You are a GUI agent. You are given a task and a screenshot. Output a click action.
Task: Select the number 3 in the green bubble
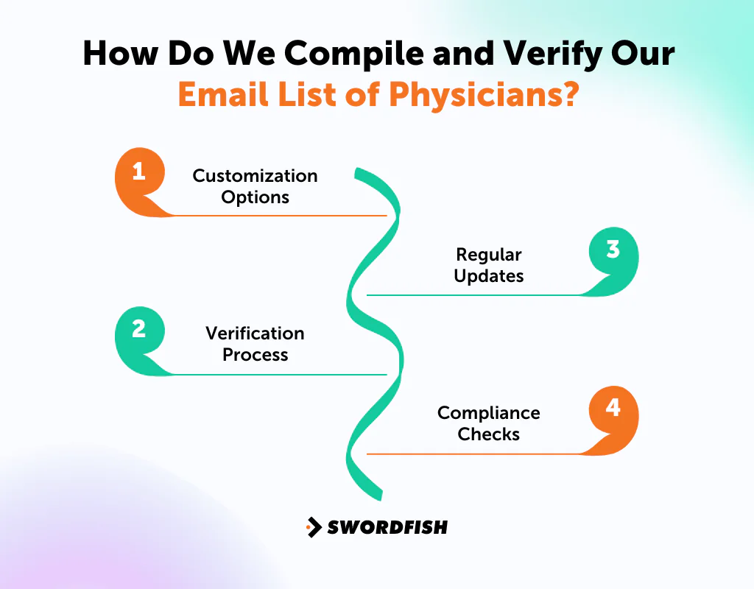coord(613,250)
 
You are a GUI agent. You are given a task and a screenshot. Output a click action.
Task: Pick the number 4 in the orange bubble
coord(613,407)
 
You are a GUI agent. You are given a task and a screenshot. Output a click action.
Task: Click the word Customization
coord(255,176)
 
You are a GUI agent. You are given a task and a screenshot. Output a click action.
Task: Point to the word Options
coord(255,197)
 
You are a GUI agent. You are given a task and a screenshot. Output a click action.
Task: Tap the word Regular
coord(489,255)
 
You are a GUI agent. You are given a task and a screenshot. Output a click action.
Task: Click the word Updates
coord(489,276)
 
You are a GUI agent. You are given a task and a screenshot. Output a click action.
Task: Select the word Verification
coord(255,334)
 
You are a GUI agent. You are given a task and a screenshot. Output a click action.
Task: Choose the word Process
coord(255,355)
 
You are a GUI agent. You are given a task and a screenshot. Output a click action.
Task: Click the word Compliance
coord(489,413)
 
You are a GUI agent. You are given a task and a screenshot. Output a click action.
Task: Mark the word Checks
coord(489,434)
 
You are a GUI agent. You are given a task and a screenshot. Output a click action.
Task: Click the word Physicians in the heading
coord(472,95)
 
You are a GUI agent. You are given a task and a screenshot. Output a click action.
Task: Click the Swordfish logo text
coord(387,527)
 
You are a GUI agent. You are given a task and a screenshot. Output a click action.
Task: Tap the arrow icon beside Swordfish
coord(314,527)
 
